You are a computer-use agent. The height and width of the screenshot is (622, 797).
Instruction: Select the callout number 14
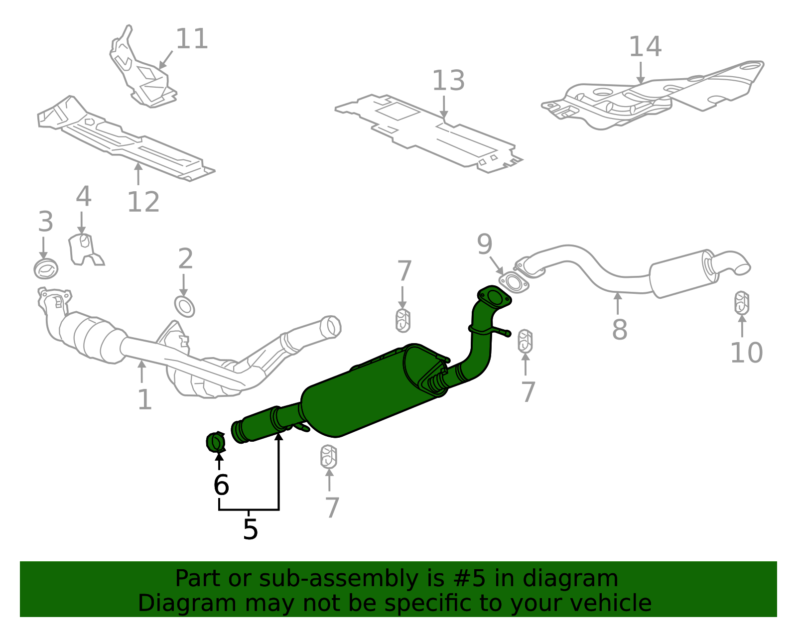point(645,47)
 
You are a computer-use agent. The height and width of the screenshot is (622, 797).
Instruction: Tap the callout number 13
point(448,81)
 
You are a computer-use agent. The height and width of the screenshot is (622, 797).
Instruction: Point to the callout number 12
point(143,202)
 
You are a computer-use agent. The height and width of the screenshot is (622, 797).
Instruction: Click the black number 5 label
point(250,529)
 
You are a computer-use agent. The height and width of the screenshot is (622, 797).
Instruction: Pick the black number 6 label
point(221,485)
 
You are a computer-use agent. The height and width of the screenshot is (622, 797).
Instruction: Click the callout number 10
point(746,353)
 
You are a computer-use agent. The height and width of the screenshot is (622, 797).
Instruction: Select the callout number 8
point(619,330)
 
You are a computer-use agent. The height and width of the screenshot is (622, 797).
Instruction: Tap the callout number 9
point(484,244)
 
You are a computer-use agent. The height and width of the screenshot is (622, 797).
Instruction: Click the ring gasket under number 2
point(184,307)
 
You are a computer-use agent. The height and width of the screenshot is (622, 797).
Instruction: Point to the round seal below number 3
point(46,269)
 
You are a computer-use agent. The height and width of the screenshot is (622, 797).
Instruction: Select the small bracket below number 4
point(85,250)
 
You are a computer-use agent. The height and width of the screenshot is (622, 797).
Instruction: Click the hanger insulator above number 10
point(742,303)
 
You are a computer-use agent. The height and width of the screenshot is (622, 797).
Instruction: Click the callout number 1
point(144,400)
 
